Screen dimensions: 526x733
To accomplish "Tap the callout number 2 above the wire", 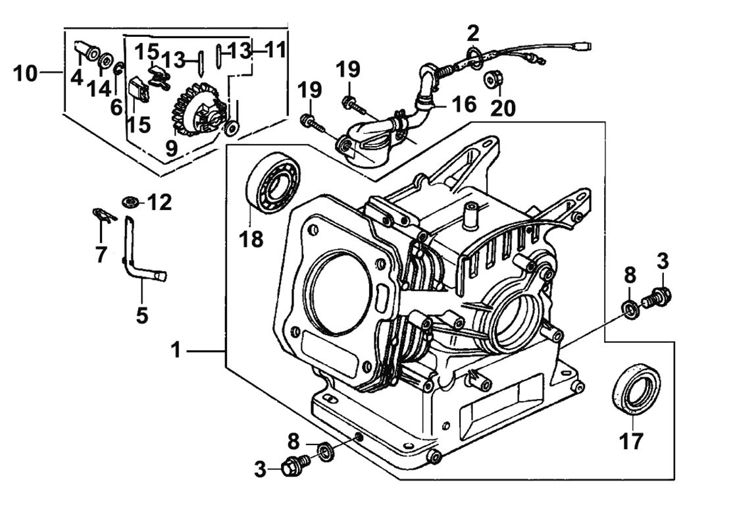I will click(474, 32).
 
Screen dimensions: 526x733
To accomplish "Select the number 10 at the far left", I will click(26, 73).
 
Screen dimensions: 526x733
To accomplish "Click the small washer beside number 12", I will click(129, 200).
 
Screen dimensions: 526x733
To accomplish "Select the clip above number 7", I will click(101, 213).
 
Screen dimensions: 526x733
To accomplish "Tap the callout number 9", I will click(172, 149).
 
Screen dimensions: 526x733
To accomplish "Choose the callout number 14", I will click(101, 88).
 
